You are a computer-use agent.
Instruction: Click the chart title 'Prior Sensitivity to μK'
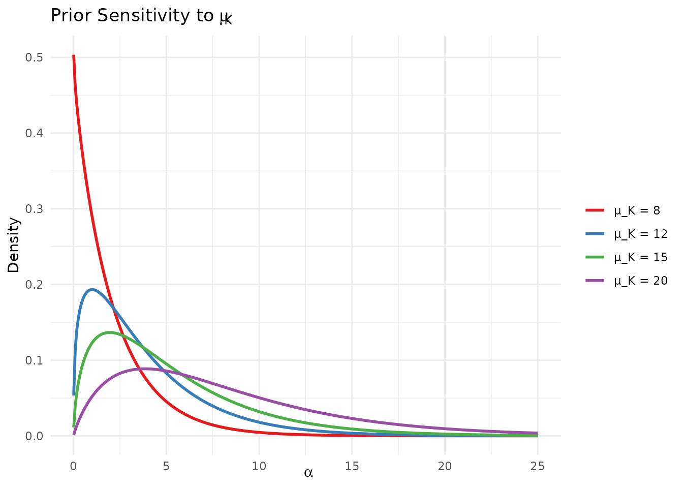141,16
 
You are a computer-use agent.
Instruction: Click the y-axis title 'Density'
14,245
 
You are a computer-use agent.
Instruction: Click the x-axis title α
308,473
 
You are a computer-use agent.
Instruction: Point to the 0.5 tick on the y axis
34,57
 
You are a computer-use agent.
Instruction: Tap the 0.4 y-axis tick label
34,133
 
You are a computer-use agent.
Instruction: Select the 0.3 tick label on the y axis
34,209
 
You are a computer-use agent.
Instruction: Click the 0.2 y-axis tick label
34,285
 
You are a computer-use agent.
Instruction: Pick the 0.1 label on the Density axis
34,360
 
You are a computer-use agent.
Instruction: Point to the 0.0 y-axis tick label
34,436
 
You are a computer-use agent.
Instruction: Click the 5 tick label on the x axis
166,466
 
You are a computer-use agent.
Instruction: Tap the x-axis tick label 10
259,466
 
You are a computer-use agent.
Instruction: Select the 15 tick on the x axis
352,466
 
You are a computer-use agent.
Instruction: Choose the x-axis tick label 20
445,466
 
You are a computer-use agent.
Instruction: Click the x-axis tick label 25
538,466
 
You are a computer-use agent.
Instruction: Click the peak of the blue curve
92,289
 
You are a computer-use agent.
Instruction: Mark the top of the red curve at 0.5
74,56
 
